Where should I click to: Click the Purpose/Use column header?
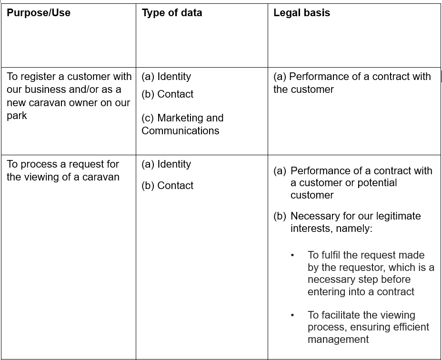pyautogui.click(x=39, y=13)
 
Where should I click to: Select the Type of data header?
pyautogui.click(x=172, y=13)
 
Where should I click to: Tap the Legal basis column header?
pyautogui.click(x=301, y=13)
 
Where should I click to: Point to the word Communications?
pyautogui.click(x=181, y=131)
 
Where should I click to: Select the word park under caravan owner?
pyautogui.click(x=17, y=116)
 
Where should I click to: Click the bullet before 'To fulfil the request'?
pyautogui.click(x=292, y=255)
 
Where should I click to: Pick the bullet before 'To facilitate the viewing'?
pyautogui.click(x=292, y=315)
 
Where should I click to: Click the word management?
pyautogui.click(x=338, y=340)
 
